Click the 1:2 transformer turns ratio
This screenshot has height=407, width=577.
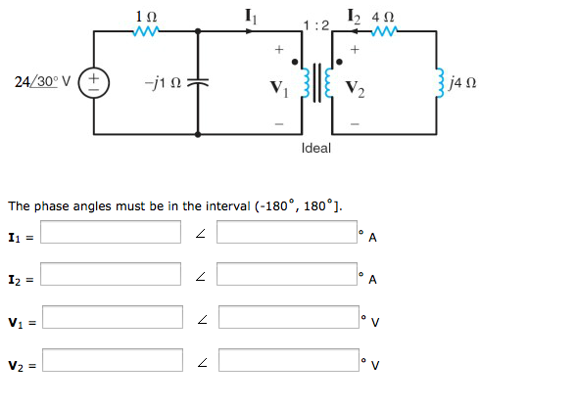[x=314, y=24]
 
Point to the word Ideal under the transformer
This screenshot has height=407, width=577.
[x=316, y=148]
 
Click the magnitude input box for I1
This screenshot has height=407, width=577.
[x=111, y=232]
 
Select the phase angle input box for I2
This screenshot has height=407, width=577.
[x=287, y=274]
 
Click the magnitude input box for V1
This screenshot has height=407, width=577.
[x=111, y=317]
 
